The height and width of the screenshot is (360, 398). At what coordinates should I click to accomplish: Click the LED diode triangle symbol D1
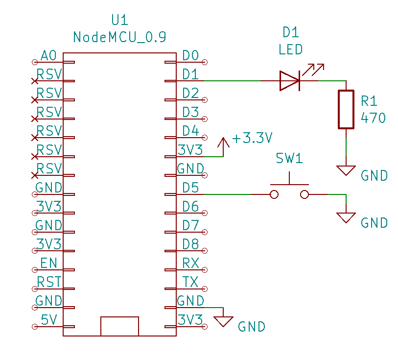[x=289, y=81]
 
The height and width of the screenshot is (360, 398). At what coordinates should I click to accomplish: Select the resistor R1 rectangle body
[x=346, y=109]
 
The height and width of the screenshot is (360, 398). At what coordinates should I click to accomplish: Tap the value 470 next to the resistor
[x=373, y=118]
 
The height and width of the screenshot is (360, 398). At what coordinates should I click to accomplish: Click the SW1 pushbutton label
[x=289, y=158]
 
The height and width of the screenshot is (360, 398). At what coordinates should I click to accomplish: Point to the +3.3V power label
[x=252, y=138]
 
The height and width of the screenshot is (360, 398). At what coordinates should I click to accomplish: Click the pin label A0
[x=49, y=56]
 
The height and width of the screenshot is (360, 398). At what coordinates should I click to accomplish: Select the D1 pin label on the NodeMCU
[x=190, y=74]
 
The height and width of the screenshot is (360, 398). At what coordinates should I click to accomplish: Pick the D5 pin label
[x=190, y=188]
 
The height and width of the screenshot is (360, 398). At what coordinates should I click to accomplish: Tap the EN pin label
[x=49, y=264]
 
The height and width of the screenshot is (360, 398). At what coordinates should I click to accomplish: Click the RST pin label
[x=49, y=282]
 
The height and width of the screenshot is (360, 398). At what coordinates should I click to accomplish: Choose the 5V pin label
[x=49, y=320]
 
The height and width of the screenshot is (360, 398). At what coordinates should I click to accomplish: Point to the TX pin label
[x=190, y=282]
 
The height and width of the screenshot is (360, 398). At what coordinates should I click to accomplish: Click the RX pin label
[x=190, y=264]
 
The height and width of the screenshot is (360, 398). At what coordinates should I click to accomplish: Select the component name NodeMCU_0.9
[x=119, y=37]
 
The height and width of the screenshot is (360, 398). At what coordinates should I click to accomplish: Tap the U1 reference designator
[x=119, y=20]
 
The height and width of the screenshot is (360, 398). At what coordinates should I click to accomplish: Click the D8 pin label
[x=190, y=244]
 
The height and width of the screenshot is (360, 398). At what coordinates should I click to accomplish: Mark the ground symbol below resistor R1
[x=346, y=170]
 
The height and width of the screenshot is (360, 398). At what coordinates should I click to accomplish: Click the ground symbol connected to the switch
[x=346, y=217]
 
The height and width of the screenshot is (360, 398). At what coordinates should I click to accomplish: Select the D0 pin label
[x=190, y=56]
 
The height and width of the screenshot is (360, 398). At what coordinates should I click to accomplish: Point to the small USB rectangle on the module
[x=119, y=326]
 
